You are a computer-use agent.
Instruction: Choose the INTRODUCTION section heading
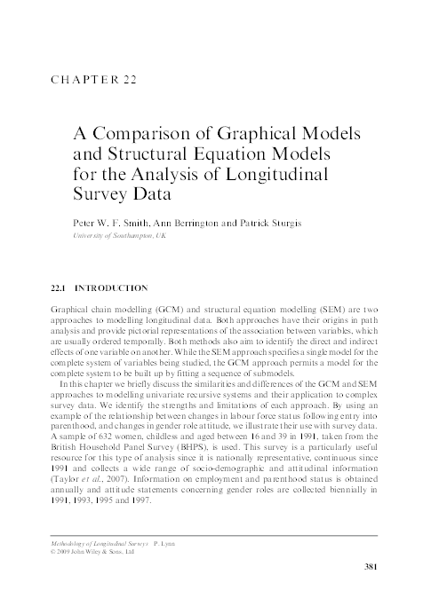[x=111, y=288]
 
